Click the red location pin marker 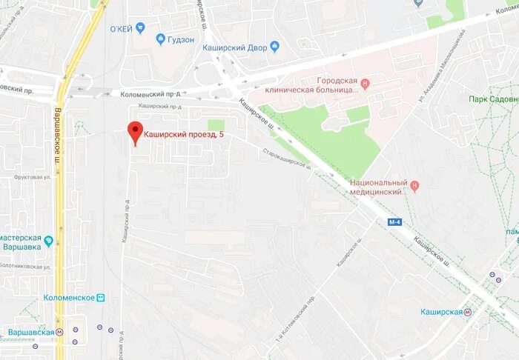[x=134, y=132]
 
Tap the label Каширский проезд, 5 [x=183, y=135]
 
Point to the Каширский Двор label [x=234, y=47]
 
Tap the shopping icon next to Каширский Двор [x=275, y=47]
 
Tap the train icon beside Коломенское [x=102, y=297]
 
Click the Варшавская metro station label [x=31, y=332]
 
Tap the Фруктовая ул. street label [x=32, y=178]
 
